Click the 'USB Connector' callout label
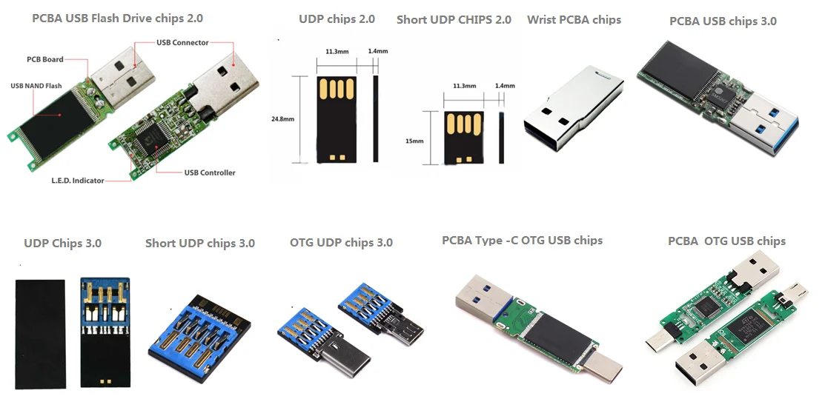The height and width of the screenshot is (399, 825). click(x=182, y=43)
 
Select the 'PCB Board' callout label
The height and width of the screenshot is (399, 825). click(x=45, y=59)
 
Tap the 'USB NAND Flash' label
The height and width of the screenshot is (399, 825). click(x=36, y=86)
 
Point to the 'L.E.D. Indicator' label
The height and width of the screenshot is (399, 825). click(x=78, y=181)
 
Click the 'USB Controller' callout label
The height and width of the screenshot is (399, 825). click(x=210, y=172)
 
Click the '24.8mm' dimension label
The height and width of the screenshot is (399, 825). click(x=283, y=118)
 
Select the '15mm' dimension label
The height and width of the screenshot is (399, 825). click(x=414, y=140)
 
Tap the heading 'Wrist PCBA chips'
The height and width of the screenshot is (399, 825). click(x=574, y=19)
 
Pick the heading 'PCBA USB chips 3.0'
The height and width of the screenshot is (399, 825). click(x=723, y=21)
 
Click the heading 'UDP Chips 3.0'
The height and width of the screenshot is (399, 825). click(x=62, y=243)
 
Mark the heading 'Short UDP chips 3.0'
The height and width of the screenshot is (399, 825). click(x=200, y=243)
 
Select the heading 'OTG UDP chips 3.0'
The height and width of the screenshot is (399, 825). click(x=341, y=242)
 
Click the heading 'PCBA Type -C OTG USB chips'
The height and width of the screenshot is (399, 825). click(x=522, y=241)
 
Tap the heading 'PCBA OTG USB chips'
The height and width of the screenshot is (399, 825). click(x=726, y=241)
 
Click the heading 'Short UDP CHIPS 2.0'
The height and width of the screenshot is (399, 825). click(x=454, y=19)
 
